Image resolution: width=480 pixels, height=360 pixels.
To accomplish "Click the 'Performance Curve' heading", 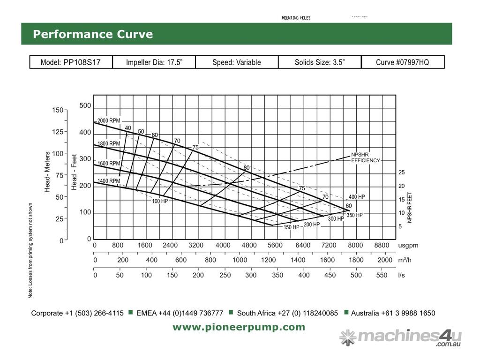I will point(92,34).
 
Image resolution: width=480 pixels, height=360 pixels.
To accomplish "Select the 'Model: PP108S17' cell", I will point(71,62).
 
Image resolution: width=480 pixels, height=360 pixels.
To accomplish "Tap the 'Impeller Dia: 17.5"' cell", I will point(154,62).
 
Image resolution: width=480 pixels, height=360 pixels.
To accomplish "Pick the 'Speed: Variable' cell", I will point(236,62).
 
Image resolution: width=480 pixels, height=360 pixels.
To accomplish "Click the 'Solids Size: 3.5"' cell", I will point(320,62).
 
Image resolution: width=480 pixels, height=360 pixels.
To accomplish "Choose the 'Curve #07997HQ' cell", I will point(402,62).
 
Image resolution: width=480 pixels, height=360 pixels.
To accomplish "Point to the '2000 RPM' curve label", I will point(109,120).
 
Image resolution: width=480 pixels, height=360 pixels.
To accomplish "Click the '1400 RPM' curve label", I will point(109,181).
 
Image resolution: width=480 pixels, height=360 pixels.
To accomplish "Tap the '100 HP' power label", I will point(160,201).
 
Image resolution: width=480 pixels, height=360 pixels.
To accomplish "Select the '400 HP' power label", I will point(357,197).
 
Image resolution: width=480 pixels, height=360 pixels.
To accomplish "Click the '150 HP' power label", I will point(291,227).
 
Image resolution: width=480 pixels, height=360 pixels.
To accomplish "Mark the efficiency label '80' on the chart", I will point(247,168).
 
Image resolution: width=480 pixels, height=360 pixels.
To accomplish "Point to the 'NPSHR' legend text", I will point(360,155).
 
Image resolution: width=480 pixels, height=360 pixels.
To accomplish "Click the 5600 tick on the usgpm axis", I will point(275,245).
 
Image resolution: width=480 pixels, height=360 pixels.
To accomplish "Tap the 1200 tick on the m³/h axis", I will point(269,260).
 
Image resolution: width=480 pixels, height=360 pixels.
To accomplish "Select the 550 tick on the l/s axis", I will point(382,275).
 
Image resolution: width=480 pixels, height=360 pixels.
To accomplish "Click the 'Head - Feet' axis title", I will point(74,172).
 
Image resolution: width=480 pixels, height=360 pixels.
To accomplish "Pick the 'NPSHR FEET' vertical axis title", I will point(410,207).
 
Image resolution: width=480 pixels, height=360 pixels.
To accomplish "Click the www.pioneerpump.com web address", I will point(239,327).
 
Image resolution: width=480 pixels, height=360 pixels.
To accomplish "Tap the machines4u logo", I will point(400,337).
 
